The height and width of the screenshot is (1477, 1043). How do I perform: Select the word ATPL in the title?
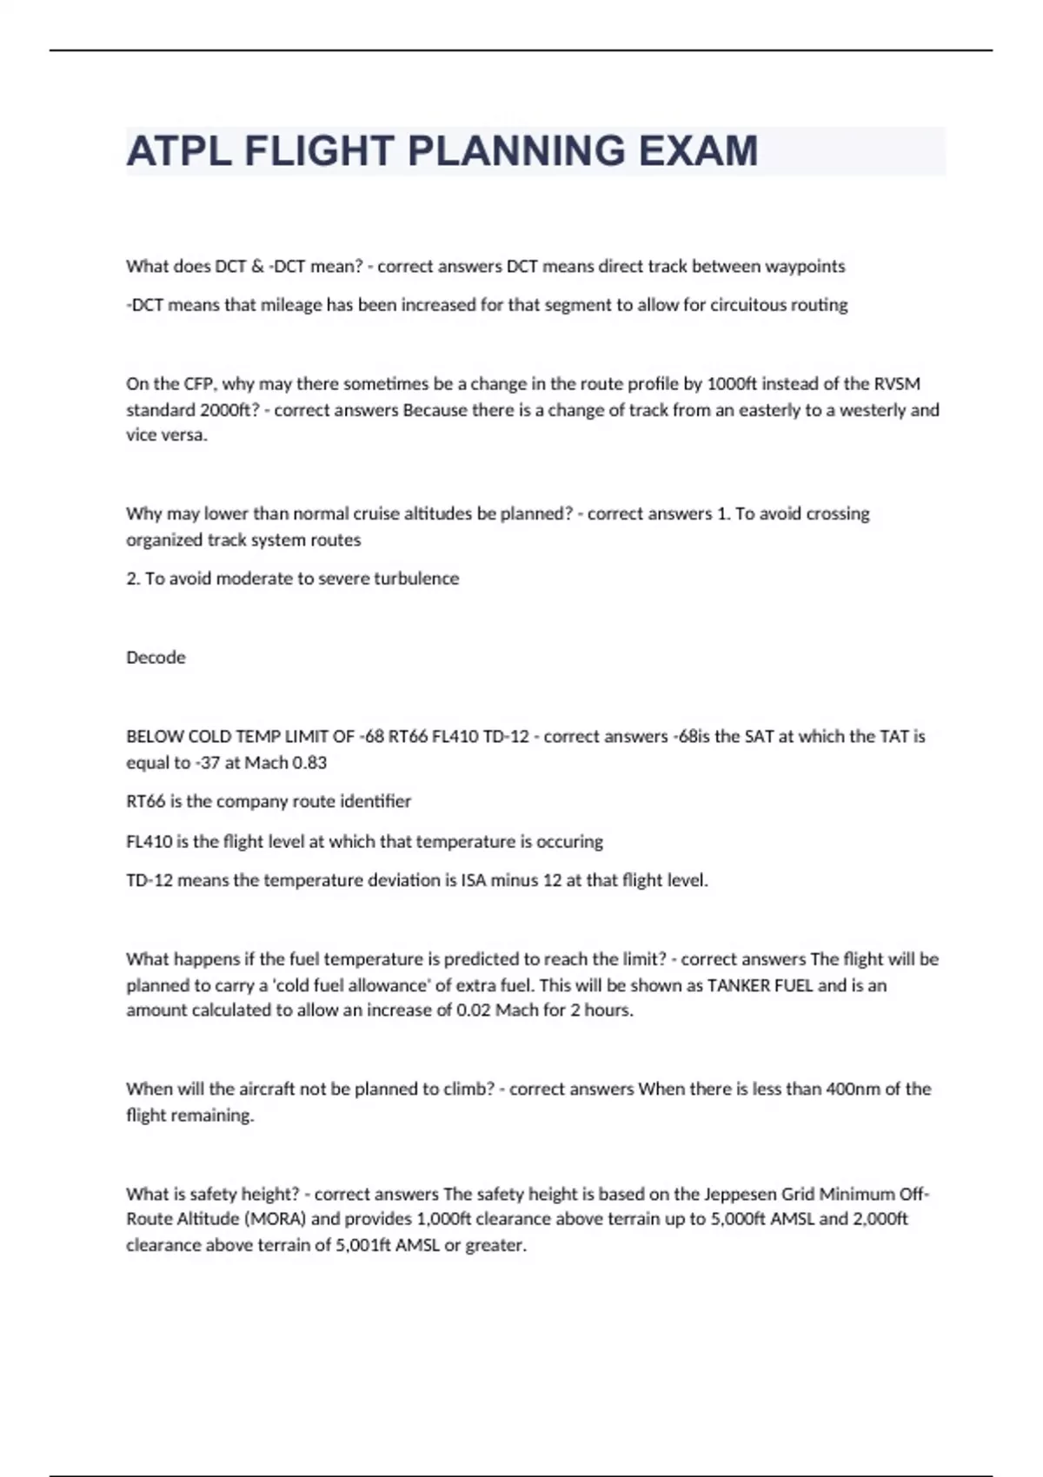tap(179, 151)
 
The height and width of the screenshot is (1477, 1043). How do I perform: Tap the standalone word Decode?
tap(156, 658)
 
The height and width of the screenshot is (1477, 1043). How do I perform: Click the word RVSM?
tap(898, 384)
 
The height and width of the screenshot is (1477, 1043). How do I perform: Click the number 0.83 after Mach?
tap(309, 763)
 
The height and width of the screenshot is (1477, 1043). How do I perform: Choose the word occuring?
tap(570, 842)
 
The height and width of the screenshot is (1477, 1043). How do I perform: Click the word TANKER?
tap(737, 985)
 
